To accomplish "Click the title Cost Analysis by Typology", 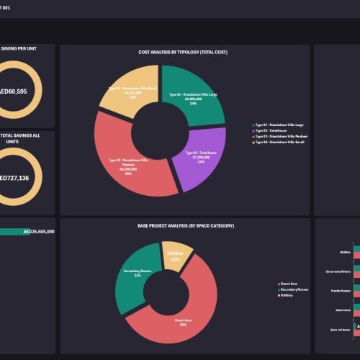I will click(184, 53).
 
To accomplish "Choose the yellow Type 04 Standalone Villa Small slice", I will click(127, 94).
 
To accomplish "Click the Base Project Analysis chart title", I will click(186, 225).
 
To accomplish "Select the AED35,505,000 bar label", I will click(38, 232).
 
